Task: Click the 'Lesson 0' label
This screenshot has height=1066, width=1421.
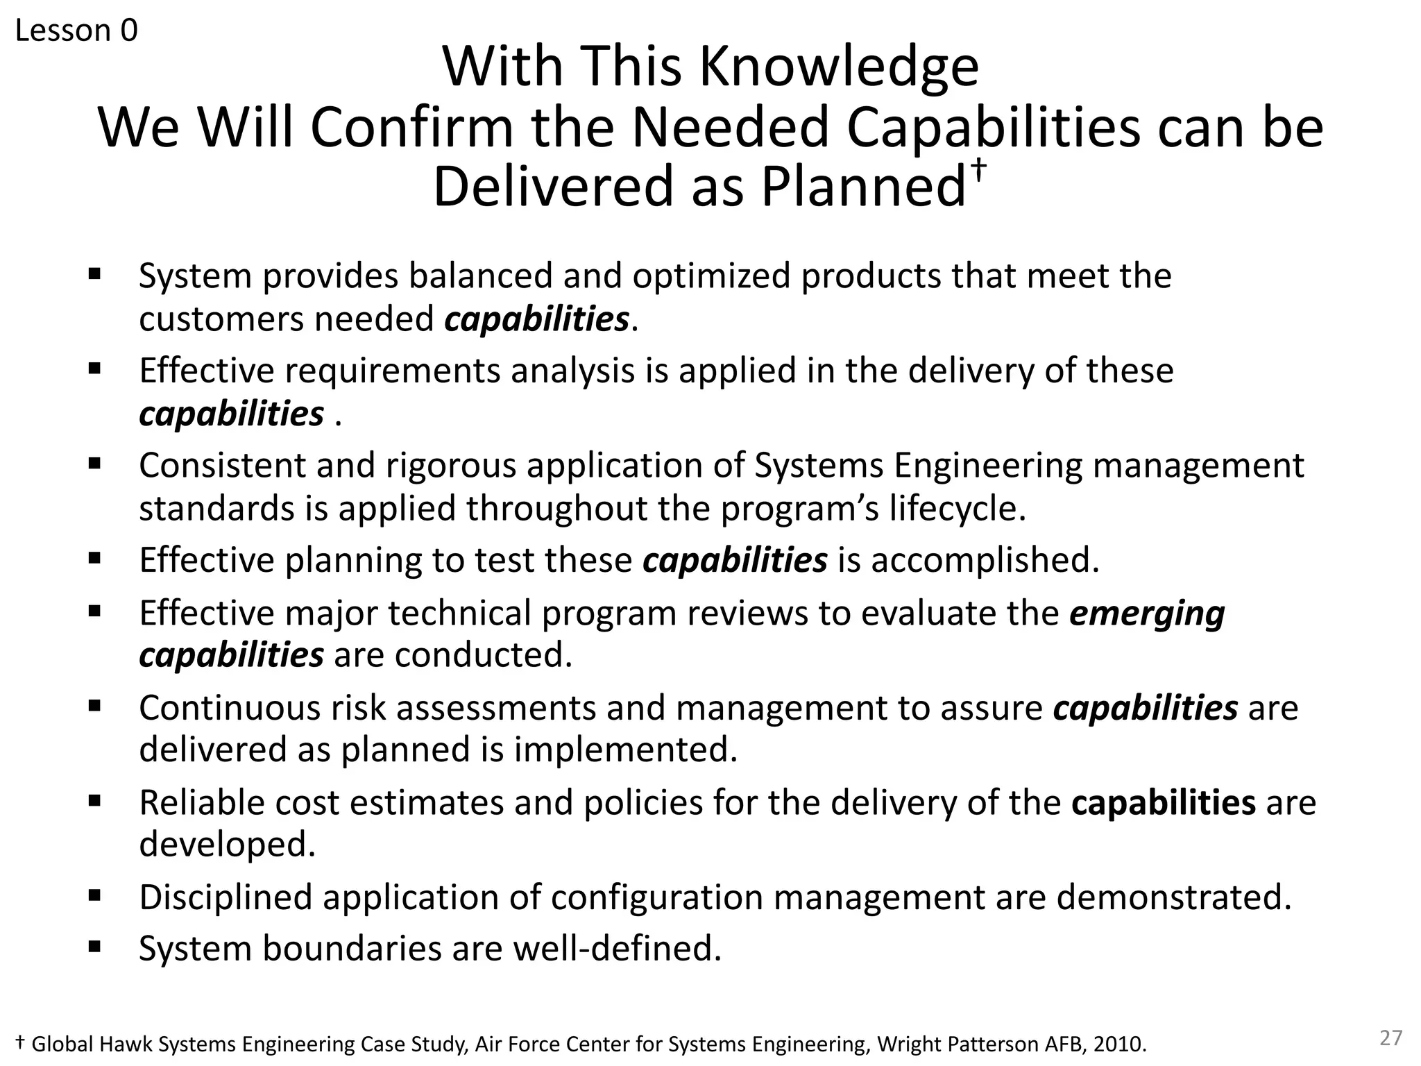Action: (x=76, y=31)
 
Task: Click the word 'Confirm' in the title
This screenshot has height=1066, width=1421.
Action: (x=411, y=128)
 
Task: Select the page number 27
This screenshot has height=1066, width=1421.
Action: (x=1390, y=1038)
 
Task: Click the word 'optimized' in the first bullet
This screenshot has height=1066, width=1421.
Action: (x=710, y=276)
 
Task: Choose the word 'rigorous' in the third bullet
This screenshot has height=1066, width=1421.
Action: (x=450, y=465)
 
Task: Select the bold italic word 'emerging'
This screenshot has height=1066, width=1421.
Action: (x=1146, y=614)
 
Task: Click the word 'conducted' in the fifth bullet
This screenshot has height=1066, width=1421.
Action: (x=483, y=654)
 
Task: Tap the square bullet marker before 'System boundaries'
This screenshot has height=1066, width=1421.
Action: (x=95, y=947)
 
